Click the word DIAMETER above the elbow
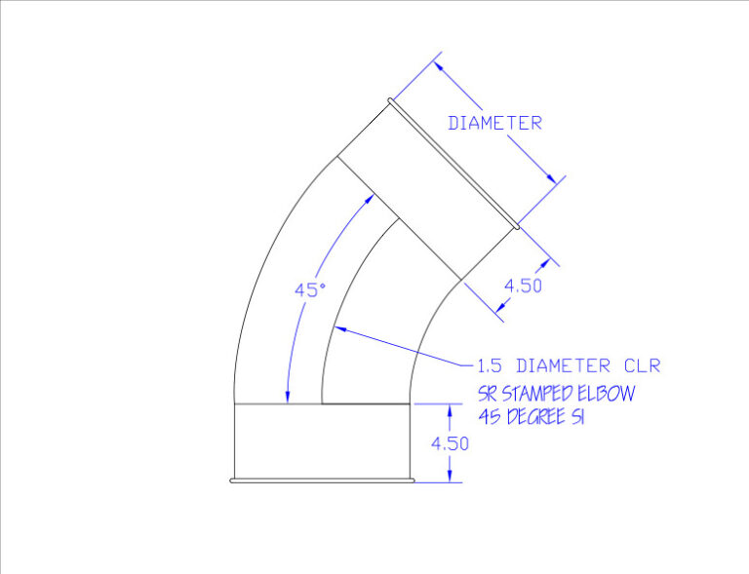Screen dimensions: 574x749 (x=494, y=124)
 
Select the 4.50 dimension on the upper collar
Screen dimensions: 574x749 (x=523, y=286)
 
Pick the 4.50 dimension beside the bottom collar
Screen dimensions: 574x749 (x=451, y=442)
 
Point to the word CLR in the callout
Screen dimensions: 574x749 (x=642, y=366)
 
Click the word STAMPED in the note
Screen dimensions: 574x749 (x=539, y=394)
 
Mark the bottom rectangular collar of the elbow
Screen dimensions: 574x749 (x=322, y=440)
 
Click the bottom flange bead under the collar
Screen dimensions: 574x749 (x=322, y=479)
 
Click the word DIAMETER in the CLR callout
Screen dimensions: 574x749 (x=565, y=366)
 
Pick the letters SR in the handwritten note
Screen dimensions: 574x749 (x=487, y=394)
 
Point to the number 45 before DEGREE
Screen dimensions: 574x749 (x=489, y=415)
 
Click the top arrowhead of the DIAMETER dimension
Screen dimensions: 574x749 (x=438, y=65)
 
